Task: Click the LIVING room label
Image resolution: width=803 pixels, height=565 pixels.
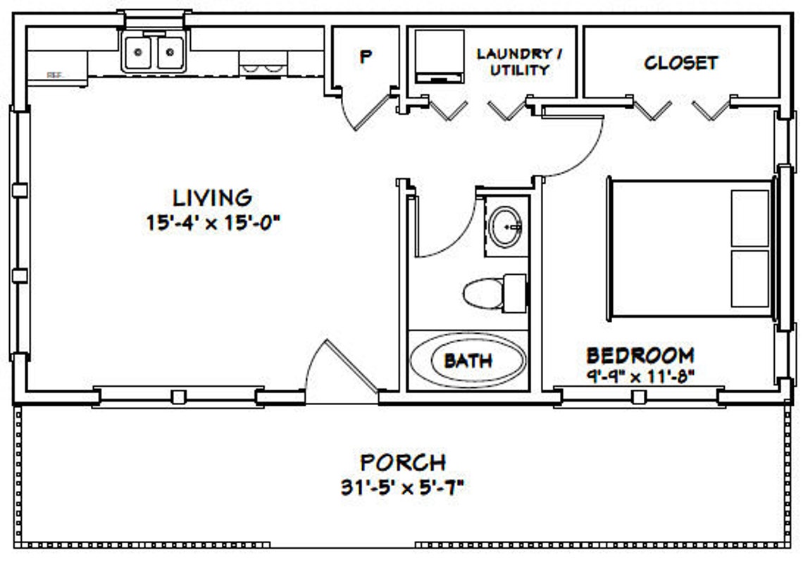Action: pos(212,198)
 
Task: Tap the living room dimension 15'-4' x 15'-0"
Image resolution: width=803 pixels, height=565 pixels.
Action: pos(212,223)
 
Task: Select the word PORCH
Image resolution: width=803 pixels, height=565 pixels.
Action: pos(402,463)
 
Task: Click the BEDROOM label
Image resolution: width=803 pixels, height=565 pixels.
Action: pos(640,355)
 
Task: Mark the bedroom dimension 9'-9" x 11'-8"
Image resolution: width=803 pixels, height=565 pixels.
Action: pos(640,375)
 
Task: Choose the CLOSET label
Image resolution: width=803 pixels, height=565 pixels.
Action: pos(680,63)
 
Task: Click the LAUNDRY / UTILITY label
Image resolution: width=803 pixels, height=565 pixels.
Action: pos(522,62)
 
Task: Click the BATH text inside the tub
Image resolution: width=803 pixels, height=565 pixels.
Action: pos(468,361)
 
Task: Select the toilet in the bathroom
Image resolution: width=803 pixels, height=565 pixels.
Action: pos(493,292)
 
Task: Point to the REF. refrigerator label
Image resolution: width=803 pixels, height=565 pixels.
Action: pos(54,74)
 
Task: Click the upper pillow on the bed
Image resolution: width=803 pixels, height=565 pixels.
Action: pos(749,218)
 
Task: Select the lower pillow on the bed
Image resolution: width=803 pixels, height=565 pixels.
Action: pos(749,278)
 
